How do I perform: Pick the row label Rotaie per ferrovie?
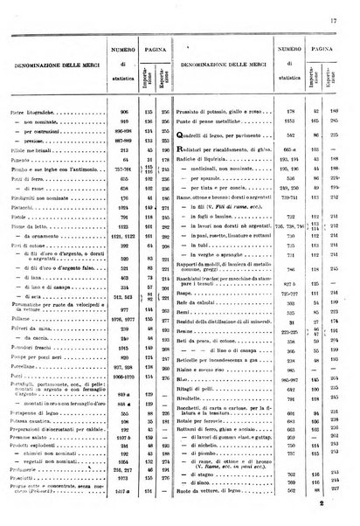click(x=209, y=450)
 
